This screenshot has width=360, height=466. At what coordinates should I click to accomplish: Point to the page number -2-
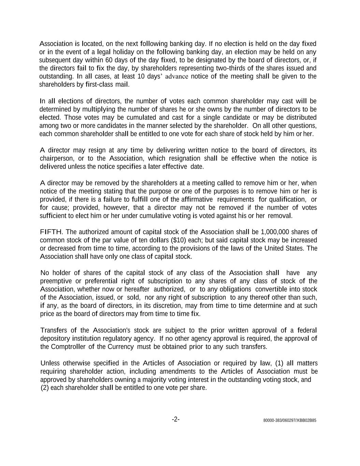coord(176,419)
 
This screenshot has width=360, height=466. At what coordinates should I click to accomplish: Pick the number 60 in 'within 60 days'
coord(109,60)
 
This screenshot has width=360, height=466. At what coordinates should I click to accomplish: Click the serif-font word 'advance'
coord(176,76)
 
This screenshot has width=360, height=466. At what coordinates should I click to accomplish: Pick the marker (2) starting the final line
coord(45,388)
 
